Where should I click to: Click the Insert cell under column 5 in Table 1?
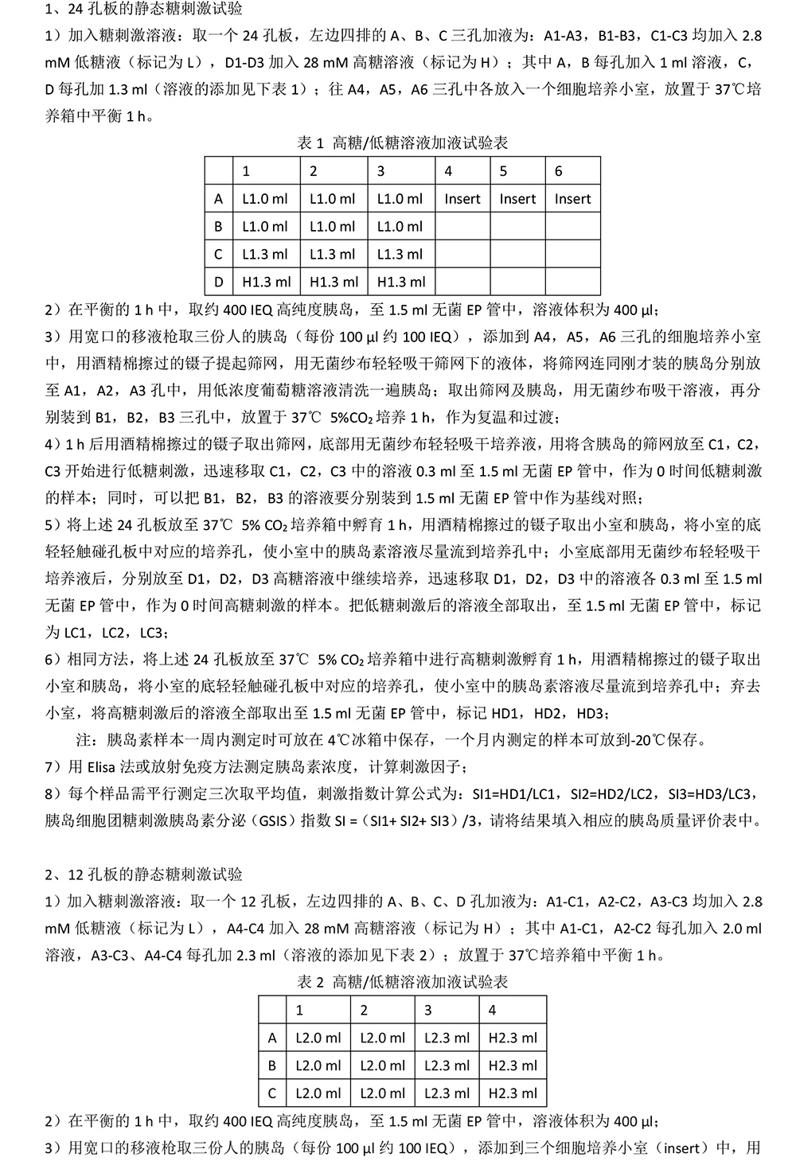coord(517,199)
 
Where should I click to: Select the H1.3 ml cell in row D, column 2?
coord(334,282)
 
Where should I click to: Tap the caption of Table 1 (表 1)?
coord(402,143)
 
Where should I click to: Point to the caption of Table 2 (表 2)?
coord(402,982)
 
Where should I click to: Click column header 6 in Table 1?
coord(559,171)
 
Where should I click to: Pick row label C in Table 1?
coord(218,255)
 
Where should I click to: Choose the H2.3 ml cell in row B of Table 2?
coord(513,1066)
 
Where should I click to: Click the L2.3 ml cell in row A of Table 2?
coord(447,1038)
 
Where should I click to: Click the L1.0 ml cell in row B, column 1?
coord(265,227)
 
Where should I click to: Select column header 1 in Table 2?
coord(299,1010)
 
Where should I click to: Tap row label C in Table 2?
coord(272,1093)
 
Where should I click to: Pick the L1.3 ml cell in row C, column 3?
coord(400,255)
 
